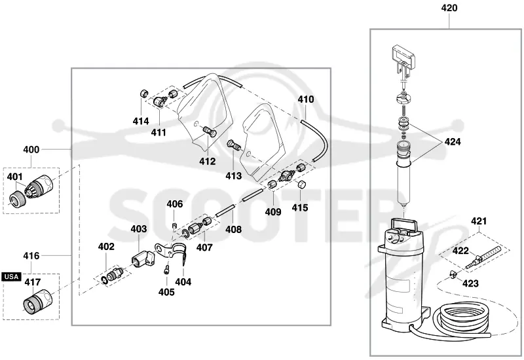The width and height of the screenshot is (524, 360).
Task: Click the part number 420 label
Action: [x=449, y=8]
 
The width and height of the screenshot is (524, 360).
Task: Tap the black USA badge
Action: [x=11, y=276]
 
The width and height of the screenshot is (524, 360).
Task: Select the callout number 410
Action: [x=306, y=99]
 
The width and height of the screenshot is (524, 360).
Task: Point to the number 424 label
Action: [x=453, y=141]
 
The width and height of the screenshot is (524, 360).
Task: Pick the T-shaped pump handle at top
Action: [x=404, y=57]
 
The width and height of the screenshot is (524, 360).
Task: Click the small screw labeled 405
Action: [x=167, y=270]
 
